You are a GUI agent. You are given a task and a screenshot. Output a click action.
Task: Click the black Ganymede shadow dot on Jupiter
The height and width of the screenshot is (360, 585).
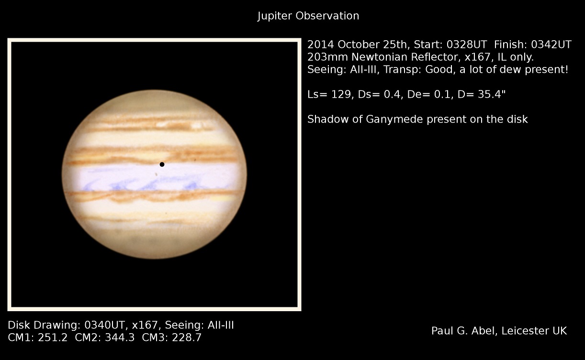tap(162, 164)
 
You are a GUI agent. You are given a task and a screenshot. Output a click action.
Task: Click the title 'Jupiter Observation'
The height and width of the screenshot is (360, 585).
tap(308, 16)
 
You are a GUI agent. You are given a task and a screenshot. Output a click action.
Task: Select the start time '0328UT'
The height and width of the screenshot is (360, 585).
tap(467, 45)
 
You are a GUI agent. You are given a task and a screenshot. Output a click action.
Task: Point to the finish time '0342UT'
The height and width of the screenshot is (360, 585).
tap(551, 45)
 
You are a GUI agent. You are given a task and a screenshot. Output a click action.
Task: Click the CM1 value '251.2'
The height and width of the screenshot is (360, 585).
tap(53, 337)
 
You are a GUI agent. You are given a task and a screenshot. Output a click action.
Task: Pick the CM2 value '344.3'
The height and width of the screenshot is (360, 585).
tap(120, 337)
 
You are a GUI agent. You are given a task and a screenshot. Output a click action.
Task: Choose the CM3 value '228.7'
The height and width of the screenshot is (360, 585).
tap(187, 337)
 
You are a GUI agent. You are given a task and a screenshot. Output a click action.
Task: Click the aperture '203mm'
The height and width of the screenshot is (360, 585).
tap(327, 57)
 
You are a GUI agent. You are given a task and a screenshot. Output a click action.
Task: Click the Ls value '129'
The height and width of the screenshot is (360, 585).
tap(341, 94)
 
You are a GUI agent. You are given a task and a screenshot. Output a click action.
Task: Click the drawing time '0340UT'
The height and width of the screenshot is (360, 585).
tap(104, 325)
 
